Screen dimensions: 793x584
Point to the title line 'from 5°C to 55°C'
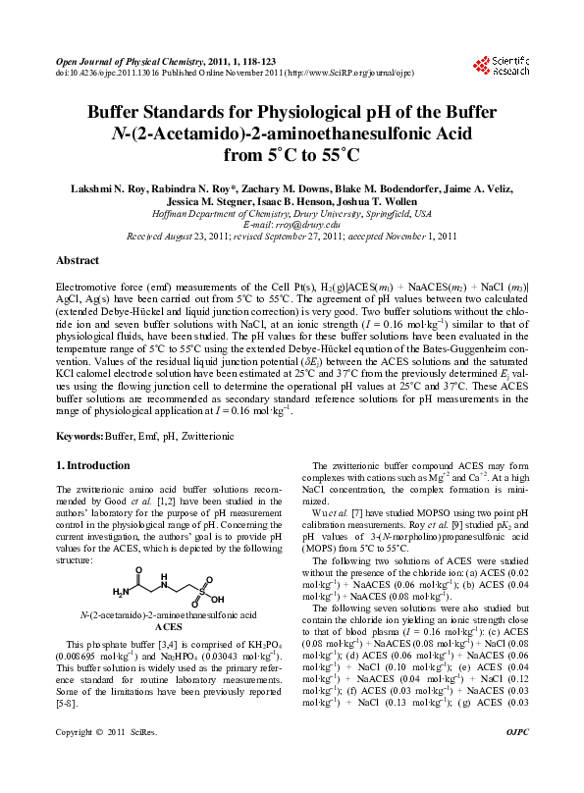pos(292,154)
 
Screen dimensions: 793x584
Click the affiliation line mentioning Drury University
pos(292,212)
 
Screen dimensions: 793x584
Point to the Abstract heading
pos(78,261)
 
